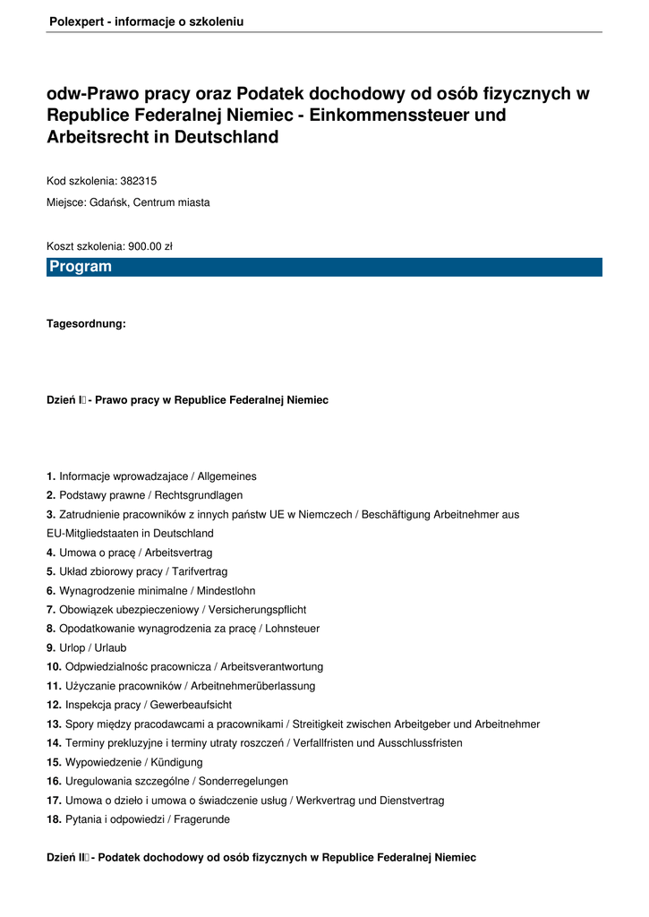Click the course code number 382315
139,181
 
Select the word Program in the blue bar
81,267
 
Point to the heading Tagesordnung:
86,324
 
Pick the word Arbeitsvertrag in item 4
178,553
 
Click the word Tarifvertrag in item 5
200,571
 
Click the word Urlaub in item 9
110,647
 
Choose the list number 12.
54,705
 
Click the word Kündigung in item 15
175,762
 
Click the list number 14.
54,743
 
